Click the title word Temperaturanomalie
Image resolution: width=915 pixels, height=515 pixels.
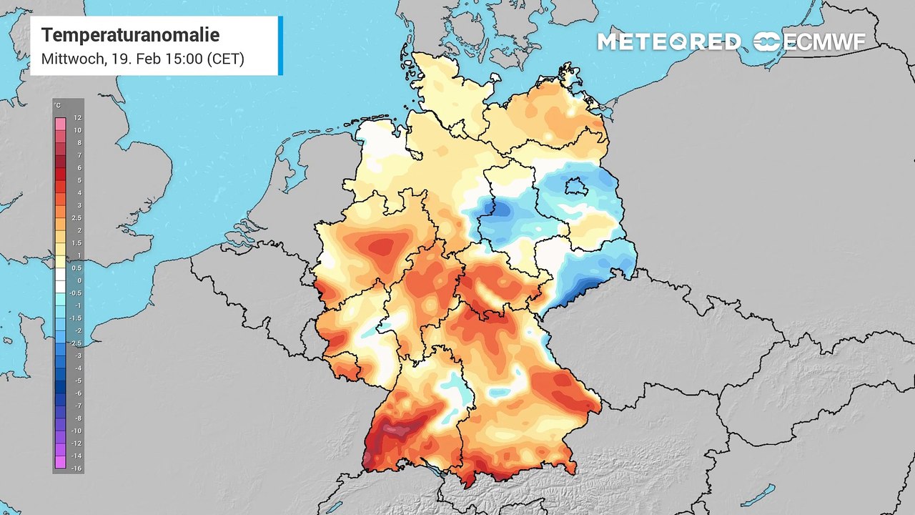tap(130, 35)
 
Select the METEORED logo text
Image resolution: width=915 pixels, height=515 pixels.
tap(668, 42)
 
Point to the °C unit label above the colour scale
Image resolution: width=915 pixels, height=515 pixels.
tap(57, 106)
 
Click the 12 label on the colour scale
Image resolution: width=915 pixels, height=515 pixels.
tap(77, 118)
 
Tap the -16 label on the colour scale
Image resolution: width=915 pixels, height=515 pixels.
tap(77, 467)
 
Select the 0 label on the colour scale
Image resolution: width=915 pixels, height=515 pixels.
tap(78, 280)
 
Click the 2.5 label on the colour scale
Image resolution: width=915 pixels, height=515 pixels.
tap(77, 218)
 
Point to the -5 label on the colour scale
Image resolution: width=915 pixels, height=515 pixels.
tap(77, 380)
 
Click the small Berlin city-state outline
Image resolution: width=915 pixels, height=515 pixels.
tap(573, 187)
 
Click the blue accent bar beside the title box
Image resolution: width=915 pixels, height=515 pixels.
tap(280, 46)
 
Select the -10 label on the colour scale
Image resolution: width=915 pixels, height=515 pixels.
tap(77, 430)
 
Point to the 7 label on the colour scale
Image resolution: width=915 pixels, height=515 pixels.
tap(78, 155)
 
